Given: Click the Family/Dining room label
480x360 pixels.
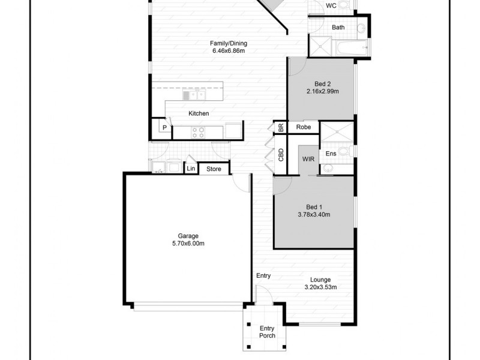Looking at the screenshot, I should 228,43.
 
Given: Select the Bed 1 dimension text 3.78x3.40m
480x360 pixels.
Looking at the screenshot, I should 314,214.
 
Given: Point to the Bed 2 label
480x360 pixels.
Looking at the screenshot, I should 323,84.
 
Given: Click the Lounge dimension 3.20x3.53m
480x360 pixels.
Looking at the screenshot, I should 320,287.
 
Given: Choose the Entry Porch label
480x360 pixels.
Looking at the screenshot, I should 267,332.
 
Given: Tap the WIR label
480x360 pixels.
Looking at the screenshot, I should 308,159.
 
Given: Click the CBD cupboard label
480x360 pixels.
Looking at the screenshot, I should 281,155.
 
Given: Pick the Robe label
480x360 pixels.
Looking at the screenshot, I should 303,127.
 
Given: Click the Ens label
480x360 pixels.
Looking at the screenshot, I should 331,154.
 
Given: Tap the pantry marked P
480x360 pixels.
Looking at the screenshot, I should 163,128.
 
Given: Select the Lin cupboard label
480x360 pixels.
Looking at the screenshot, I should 191,169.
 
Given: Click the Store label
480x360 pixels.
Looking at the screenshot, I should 214,169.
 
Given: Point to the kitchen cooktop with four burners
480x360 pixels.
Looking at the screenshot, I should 198,131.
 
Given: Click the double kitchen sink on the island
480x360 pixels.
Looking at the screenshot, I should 194,95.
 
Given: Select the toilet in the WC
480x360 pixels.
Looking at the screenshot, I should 344,4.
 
